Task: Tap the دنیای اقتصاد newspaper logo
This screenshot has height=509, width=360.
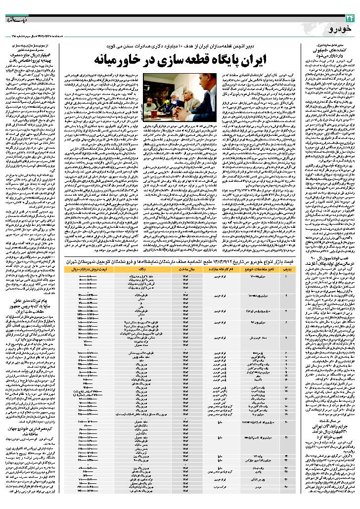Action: pos(17,19)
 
